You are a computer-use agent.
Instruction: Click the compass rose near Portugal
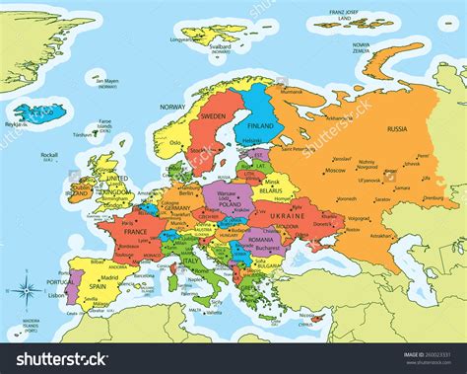point(26,291)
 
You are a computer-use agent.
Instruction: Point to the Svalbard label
point(222,45)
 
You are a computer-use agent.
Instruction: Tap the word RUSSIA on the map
point(398,128)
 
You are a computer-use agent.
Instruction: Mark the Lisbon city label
point(55,295)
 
